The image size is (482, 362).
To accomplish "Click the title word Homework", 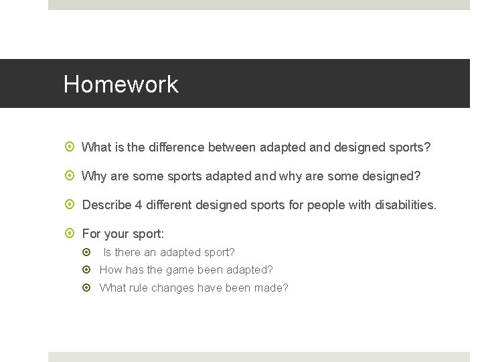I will point(121,84).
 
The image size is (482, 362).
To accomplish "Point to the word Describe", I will point(106,204).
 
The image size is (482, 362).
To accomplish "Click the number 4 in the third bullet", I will point(139,204).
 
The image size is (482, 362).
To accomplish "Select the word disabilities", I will point(403,204).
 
